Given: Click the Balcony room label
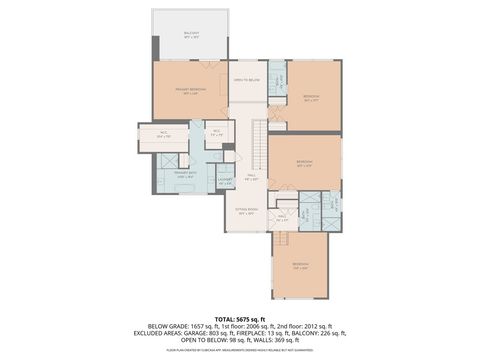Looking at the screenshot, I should (190, 34).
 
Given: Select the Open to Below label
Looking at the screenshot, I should (246, 80).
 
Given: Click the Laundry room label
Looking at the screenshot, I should (226, 182).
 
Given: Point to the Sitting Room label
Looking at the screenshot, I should (246, 211).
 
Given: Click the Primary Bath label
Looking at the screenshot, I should (185, 175).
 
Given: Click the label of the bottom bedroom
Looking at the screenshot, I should (300, 266).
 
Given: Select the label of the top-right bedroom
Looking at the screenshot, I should (311, 98).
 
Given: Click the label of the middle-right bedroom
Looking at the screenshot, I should (304, 163).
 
